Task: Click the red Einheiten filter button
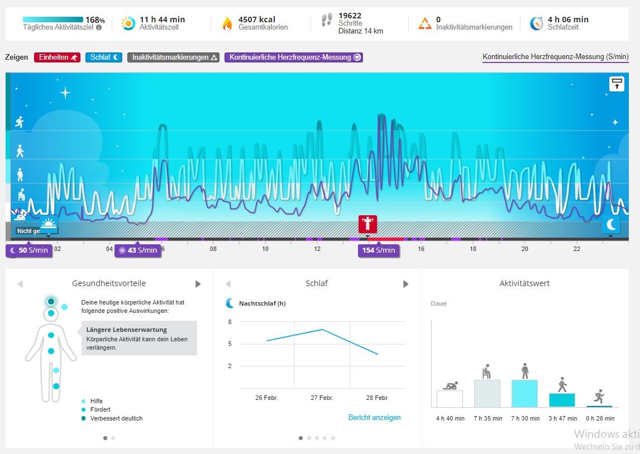click(58, 57)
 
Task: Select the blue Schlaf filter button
click(104, 57)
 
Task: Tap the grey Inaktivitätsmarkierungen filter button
click(174, 57)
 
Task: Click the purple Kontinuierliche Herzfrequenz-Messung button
click(294, 57)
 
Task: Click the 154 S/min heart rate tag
click(379, 250)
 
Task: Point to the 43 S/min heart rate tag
click(138, 250)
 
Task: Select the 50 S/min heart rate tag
click(30, 250)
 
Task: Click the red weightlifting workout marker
click(367, 224)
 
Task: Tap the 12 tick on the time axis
click(317, 249)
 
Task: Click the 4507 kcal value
click(256, 20)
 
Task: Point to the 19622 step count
click(350, 15)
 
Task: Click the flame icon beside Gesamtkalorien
click(227, 23)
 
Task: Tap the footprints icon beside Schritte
click(327, 21)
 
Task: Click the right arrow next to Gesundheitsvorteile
click(198, 284)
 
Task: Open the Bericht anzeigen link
click(374, 417)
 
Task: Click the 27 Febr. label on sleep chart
click(322, 398)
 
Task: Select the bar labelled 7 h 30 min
click(524, 393)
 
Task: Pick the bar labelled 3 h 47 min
click(562, 400)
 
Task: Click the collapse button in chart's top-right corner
click(617, 84)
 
